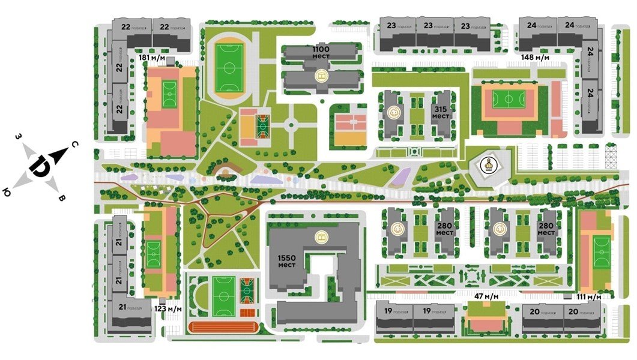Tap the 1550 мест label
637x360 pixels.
[286, 261]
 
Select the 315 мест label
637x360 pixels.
[441, 112]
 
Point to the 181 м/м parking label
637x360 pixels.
[152, 58]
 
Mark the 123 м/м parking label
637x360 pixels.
[168, 308]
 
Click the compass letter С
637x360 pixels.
[73, 145]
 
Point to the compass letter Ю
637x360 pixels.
[7, 192]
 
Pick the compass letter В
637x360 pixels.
[61, 198]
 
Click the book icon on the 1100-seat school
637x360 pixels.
[322, 77]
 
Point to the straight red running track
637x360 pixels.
[223, 327]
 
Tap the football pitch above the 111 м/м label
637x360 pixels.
[601, 253]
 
